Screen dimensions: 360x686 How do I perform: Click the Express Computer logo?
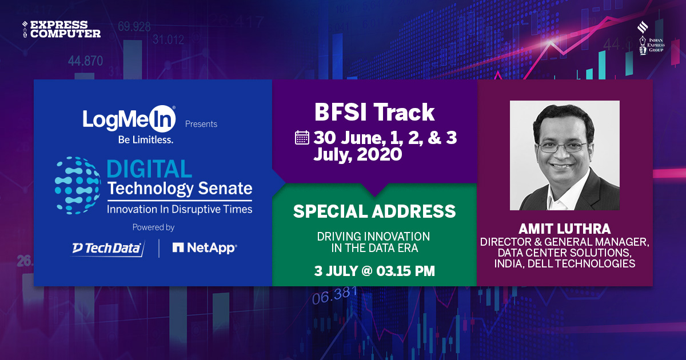pos(61,29)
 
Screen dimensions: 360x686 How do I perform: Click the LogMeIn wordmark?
pos(129,119)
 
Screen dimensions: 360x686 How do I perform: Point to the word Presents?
pos(201,124)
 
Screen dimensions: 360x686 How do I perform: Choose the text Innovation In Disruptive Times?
pos(180,210)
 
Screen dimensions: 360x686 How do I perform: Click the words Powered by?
pos(153,227)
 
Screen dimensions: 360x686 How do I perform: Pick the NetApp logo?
pos(205,248)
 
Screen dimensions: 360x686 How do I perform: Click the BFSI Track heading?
pos(374,113)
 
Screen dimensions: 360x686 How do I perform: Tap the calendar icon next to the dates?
pos(302,138)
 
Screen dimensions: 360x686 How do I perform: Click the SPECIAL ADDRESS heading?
pos(374,211)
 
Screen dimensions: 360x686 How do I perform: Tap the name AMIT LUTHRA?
pos(564,229)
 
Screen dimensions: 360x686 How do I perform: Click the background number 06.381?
pos(334,295)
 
